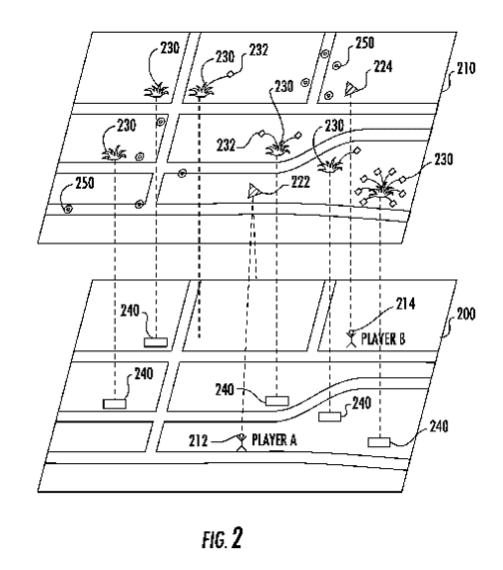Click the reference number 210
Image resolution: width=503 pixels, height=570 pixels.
(x=465, y=68)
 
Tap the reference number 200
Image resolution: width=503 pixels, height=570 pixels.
(x=465, y=313)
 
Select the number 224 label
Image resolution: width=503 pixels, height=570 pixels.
(x=382, y=67)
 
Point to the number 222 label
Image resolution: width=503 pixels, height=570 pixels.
(x=300, y=182)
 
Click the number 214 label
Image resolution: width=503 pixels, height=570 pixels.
(x=405, y=303)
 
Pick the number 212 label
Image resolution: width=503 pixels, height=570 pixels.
(x=198, y=441)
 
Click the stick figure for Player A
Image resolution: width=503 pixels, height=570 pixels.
(x=241, y=442)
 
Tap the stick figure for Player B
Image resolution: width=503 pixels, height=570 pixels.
(x=351, y=338)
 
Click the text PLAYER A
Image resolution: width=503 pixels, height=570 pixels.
(x=274, y=440)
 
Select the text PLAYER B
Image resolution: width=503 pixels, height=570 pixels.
(x=382, y=338)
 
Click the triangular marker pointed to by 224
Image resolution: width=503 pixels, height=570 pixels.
(x=350, y=89)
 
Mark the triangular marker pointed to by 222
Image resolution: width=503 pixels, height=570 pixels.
(x=254, y=191)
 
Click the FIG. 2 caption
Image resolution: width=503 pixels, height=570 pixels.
(x=223, y=538)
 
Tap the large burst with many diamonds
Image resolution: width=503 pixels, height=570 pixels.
(x=381, y=189)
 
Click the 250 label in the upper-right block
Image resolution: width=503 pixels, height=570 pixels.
(x=364, y=43)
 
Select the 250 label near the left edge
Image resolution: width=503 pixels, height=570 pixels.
(x=85, y=183)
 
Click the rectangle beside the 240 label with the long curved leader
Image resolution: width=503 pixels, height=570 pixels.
(x=378, y=442)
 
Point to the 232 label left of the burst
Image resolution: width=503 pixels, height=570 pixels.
(x=226, y=146)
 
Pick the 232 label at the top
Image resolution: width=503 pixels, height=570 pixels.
(x=258, y=50)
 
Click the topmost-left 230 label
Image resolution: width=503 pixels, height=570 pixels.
(x=170, y=48)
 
